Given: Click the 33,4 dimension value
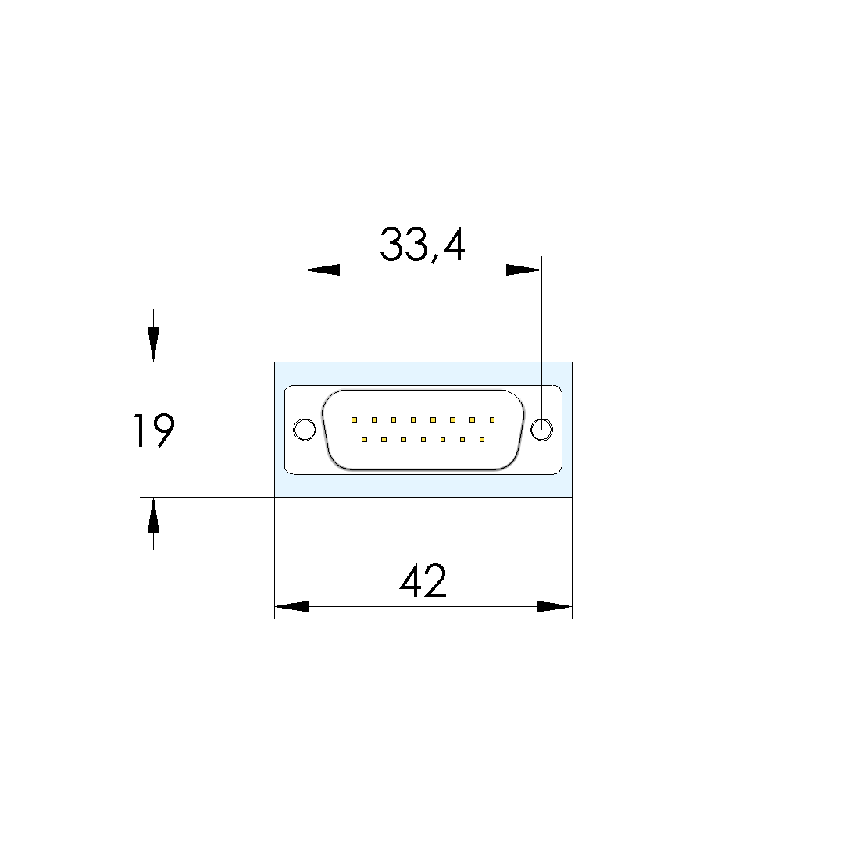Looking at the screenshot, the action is click(422, 245).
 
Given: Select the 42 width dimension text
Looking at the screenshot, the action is click(423, 580).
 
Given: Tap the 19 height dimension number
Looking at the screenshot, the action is click(154, 430).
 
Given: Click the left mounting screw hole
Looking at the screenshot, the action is click(305, 430).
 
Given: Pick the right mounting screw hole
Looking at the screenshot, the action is click(541, 430).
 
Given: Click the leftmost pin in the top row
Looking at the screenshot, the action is click(354, 419).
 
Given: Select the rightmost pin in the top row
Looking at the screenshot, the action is click(492, 419).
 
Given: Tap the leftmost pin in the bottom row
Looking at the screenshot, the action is click(364, 440).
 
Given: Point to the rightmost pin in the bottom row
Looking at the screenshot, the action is click(482, 440).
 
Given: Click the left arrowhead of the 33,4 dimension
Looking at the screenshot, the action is click(322, 270).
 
